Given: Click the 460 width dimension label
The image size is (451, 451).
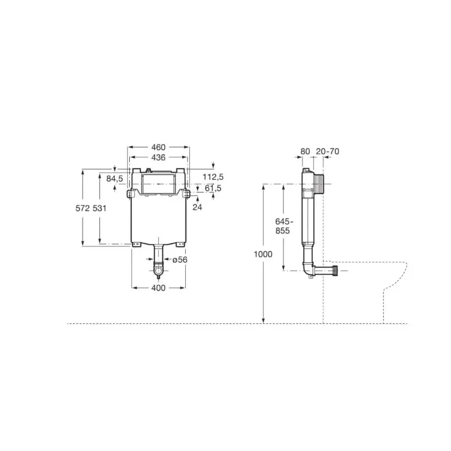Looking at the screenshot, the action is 158,147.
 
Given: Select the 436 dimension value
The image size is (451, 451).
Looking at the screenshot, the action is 158,158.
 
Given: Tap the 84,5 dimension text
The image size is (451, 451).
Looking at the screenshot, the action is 114,179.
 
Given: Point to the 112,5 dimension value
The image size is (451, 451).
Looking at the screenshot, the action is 213,177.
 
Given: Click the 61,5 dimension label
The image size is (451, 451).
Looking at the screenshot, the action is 213,189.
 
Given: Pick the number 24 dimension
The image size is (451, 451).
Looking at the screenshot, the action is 197,207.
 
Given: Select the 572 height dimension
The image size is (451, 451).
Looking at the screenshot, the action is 82,208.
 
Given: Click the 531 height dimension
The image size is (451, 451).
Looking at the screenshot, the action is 100,208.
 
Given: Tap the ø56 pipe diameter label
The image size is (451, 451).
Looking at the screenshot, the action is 180,260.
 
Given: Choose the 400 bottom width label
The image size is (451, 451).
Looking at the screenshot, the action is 158,288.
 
